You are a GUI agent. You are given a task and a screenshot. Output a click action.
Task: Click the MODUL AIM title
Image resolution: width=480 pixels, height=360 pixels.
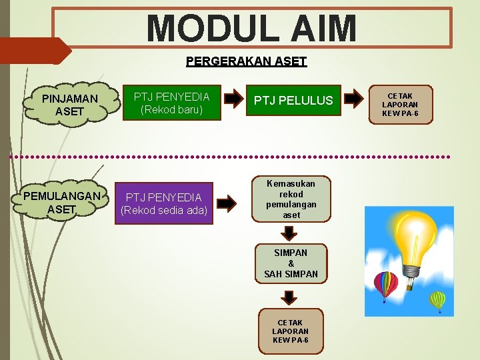(x=251, y=28)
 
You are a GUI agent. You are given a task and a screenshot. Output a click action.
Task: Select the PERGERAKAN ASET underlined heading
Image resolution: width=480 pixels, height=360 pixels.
(x=246, y=61)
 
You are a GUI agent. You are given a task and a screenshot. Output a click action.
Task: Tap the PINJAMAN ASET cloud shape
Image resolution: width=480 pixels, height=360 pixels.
(x=69, y=105)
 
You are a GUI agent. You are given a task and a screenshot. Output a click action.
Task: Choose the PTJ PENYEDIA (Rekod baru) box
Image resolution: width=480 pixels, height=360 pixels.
(x=171, y=103)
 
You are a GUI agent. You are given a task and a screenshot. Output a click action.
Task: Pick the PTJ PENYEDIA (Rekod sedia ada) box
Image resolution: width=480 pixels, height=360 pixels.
(x=164, y=203)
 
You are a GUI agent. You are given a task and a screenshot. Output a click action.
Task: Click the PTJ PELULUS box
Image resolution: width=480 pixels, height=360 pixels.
(x=293, y=101)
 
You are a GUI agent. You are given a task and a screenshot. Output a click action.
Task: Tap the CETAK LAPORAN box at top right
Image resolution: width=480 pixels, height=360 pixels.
(x=400, y=105)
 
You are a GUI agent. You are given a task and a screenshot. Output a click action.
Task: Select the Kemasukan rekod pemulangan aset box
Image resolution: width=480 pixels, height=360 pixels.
(x=291, y=199)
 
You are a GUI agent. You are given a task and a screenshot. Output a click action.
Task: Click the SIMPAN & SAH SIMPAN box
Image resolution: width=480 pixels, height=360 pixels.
(x=291, y=263)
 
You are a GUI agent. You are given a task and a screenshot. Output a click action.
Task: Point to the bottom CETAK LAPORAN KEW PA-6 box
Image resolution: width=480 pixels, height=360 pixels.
(x=290, y=331)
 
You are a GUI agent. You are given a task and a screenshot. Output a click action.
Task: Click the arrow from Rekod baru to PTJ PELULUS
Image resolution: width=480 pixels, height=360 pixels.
(x=233, y=99)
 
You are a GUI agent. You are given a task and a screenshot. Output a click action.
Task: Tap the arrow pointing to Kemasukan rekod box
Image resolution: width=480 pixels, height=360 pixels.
(x=227, y=202)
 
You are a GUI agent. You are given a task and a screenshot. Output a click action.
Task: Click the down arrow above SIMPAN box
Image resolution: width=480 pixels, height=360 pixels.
(x=289, y=233)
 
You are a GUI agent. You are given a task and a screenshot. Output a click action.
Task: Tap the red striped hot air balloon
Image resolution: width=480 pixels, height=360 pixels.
(x=385, y=285)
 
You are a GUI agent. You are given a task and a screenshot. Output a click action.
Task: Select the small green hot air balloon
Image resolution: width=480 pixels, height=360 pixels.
(x=437, y=301)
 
